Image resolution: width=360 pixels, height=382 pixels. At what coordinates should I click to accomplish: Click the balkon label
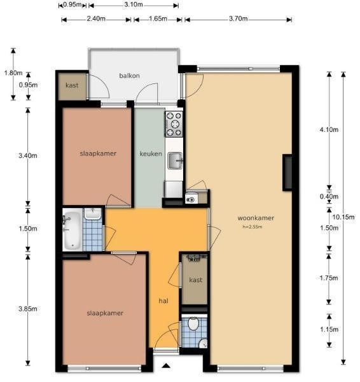(x=129, y=76)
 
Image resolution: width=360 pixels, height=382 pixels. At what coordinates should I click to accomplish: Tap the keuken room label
(x=151, y=153)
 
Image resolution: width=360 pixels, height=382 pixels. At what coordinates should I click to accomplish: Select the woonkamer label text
(x=256, y=218)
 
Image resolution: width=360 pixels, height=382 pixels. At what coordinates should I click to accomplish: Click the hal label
(x=163, y=301)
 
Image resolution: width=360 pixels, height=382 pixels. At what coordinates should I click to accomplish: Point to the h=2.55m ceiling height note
(x=252, y=227)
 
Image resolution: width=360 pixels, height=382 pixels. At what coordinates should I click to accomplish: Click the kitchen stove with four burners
(x=174, y=124)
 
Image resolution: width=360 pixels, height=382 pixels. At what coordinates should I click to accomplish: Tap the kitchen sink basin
(x=175, y=160)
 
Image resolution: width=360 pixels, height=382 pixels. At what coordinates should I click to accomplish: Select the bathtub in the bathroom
(x=73, y=230)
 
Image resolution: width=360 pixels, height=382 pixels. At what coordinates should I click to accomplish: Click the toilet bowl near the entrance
(x=194, y=324)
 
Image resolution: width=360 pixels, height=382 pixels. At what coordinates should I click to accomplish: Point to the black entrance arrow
(x=166, y=365)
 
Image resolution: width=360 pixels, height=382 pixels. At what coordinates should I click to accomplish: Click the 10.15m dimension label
(x=343, y=217)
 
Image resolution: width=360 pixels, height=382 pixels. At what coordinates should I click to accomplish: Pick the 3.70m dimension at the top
(x=238, y=18)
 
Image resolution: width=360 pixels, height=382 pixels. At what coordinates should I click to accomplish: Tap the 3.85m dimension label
(x=28, y=309)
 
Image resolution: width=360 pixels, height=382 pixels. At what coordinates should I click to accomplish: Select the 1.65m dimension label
(x=158, y=18)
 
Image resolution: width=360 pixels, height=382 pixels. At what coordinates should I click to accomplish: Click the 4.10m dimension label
(x=329, y=130)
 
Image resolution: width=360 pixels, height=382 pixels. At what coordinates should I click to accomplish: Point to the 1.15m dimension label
(x=329, y=329)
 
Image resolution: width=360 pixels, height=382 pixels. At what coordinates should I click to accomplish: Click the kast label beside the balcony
(x=72, y=85)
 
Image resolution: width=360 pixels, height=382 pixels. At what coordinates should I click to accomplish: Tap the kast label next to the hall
(x=196, y=279)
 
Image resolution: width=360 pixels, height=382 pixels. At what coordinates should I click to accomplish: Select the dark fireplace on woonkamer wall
(x=287, y=173)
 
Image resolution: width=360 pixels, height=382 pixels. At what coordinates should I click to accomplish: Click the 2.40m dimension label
(x=96, y=18)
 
